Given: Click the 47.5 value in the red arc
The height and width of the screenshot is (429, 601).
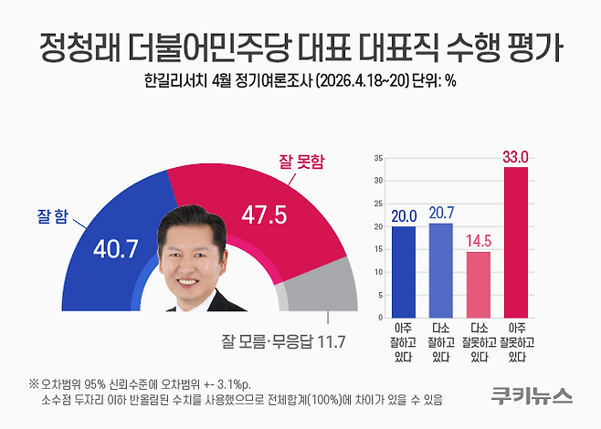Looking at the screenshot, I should tap(265, 214).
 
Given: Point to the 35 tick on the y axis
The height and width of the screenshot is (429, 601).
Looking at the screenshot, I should tap(378, 159).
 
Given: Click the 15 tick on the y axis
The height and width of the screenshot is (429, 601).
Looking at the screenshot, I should tap(378, 247).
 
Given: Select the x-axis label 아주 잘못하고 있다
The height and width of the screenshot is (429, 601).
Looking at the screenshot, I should tap(516, 340).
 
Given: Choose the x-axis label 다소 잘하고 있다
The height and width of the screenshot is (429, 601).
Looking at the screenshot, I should tap(440, 340).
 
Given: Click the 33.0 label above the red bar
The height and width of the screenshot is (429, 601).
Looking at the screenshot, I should tap(516, 156).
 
